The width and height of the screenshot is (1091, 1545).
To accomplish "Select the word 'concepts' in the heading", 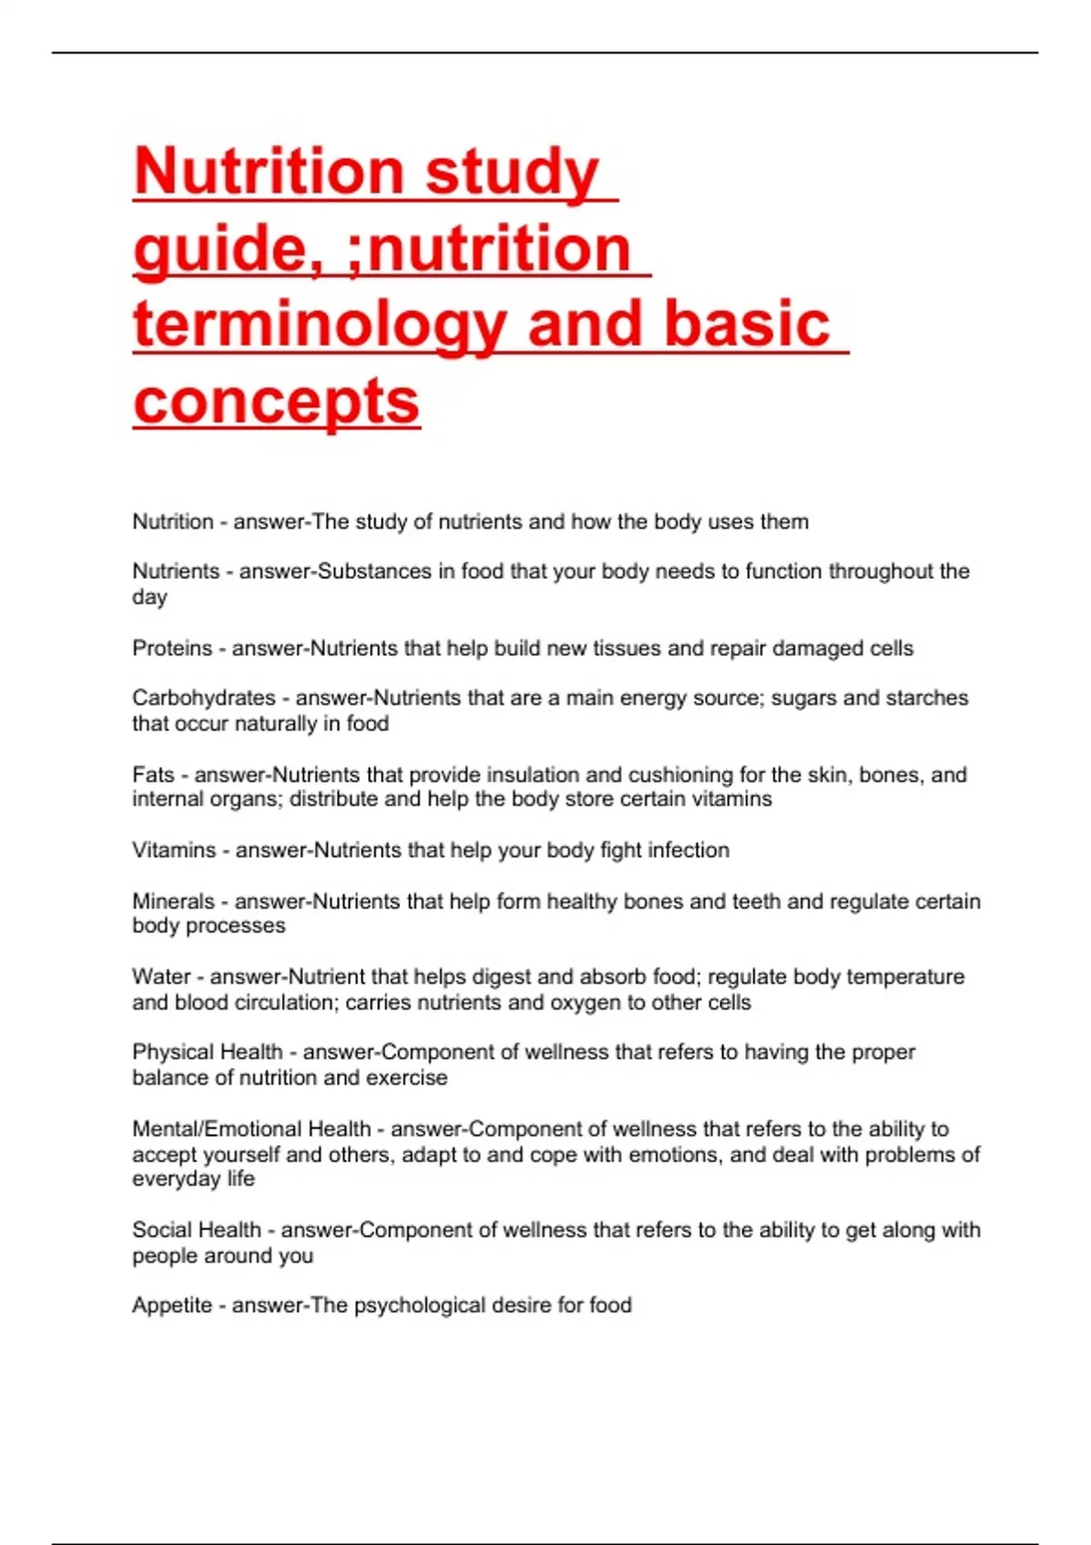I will tap(276, 401).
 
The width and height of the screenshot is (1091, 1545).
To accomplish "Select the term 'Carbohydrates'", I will tap(204, 698).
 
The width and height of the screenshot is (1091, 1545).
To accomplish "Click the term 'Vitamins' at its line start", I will tap(173, 851).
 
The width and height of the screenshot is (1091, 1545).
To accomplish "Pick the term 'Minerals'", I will tap(173, 902).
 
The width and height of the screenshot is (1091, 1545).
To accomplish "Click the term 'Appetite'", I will tap(172, 1306).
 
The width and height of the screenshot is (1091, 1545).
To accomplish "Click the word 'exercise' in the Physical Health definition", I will tap(407, 1078).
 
